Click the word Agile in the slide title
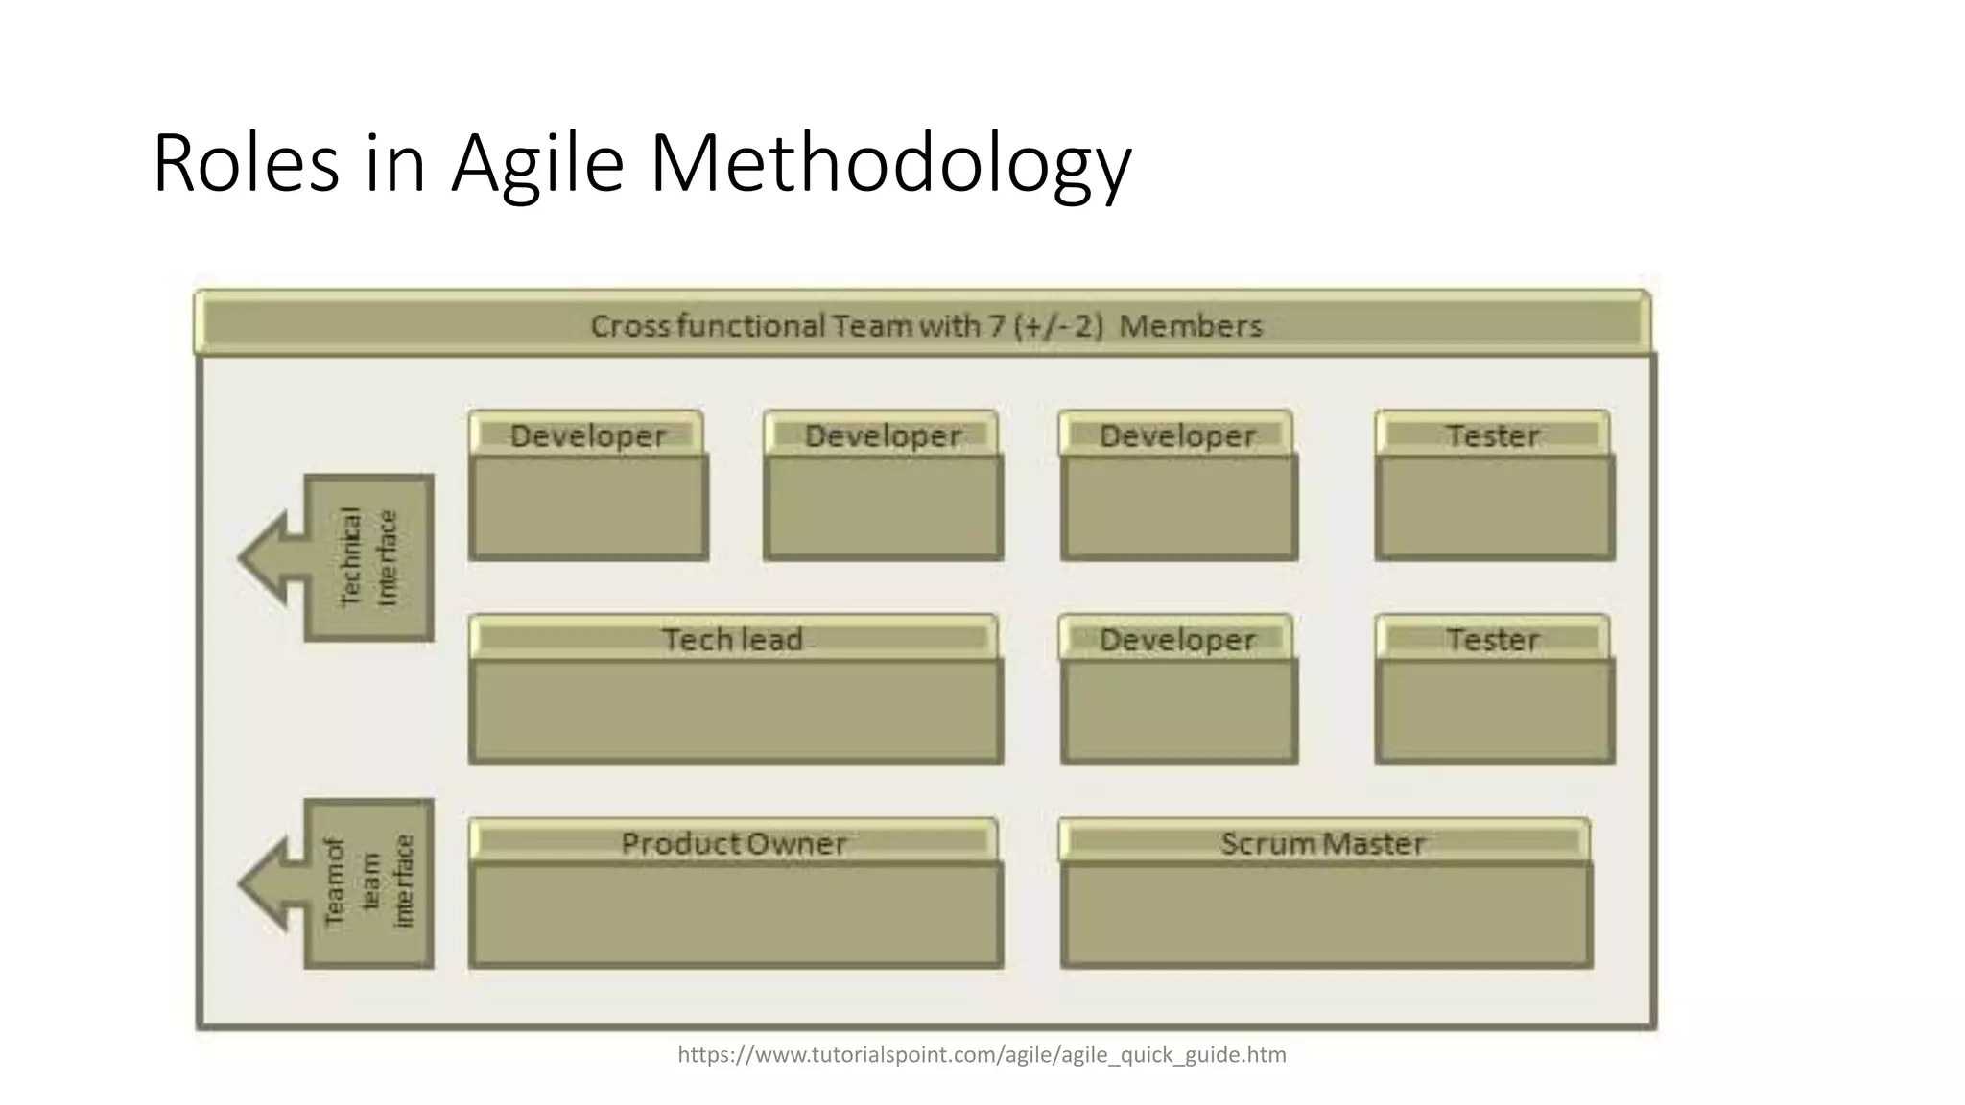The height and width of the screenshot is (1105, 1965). [x=537, y=165]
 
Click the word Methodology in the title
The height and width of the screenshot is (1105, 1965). [x=890, y=165]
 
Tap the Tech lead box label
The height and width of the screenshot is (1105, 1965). [x=733, y=640]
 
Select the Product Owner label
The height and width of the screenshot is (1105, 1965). [x=734, y=844]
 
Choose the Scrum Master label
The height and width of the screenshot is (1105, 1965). [x=1323, y=844]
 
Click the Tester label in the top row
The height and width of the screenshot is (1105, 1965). [x=1493, y=436]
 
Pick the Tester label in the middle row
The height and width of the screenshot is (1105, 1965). [x=1493, y=640]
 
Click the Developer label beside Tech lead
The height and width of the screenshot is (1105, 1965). [x=1177, y=640]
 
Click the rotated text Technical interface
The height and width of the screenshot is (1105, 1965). [x=368, y=557]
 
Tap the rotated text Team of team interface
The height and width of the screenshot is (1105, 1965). [x=368, y=882]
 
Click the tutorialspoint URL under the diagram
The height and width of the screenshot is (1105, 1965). [x=982, y=1055]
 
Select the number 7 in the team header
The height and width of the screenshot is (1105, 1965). [x=996, y=326]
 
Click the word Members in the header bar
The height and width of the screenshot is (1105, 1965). [x=1191, y=326]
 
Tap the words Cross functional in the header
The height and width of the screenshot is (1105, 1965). [x=708, y=326]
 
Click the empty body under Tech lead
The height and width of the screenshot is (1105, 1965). [x=736, y=711]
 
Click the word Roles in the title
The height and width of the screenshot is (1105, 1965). [x=246, y=165]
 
